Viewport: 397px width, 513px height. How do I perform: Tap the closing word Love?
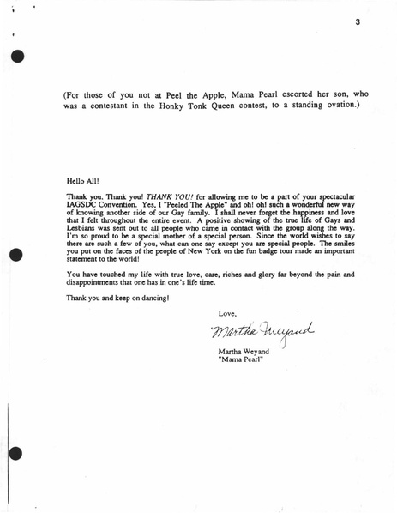tap(227, 313)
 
